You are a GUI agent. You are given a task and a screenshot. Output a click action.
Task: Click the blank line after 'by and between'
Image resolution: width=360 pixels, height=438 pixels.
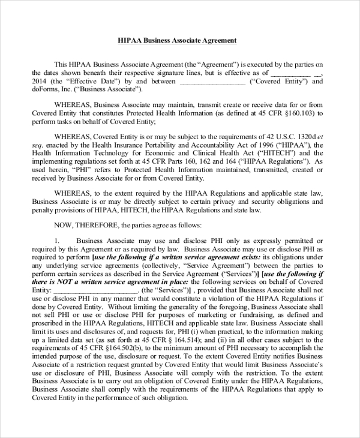(x=212, y=81)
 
